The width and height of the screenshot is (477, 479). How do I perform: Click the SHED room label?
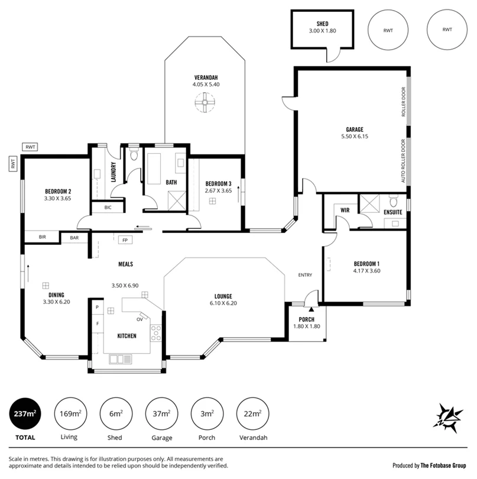(x=322, y=24)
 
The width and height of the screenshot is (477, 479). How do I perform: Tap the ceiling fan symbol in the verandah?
(x=205, y=103)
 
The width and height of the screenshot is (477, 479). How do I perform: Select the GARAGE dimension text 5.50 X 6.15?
(x=355, y=137)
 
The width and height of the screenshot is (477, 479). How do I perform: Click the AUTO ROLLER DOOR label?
(x=403, y=161)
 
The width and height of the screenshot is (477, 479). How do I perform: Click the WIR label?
(x=345, y=210)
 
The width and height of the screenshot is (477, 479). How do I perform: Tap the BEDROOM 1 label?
(x=366, y=264)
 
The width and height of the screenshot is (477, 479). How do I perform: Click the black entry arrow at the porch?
(x=311, y=309)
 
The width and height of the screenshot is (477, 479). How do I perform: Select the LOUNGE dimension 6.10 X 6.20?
(x=223, y=303)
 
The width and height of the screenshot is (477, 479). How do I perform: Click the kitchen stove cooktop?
(x=155, y=333)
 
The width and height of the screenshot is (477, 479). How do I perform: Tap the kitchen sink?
(x=121, y=359)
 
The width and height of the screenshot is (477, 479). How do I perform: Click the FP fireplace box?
(x=125, y=240)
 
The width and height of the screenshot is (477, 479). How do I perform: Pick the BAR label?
(x=74, y=238)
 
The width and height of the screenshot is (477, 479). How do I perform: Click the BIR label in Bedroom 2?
(x=43, y=237)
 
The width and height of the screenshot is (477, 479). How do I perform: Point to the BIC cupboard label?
(x=108, y=208)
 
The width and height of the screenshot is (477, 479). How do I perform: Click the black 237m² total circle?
(x=25, y=414)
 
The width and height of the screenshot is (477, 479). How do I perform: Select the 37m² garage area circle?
(x=161, y=414)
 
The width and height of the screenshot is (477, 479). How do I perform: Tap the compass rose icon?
(x=448, y=418)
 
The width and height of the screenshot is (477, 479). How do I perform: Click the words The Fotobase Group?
(x=443, y=465)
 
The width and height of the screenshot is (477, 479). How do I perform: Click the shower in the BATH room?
(x=177, y=200)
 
